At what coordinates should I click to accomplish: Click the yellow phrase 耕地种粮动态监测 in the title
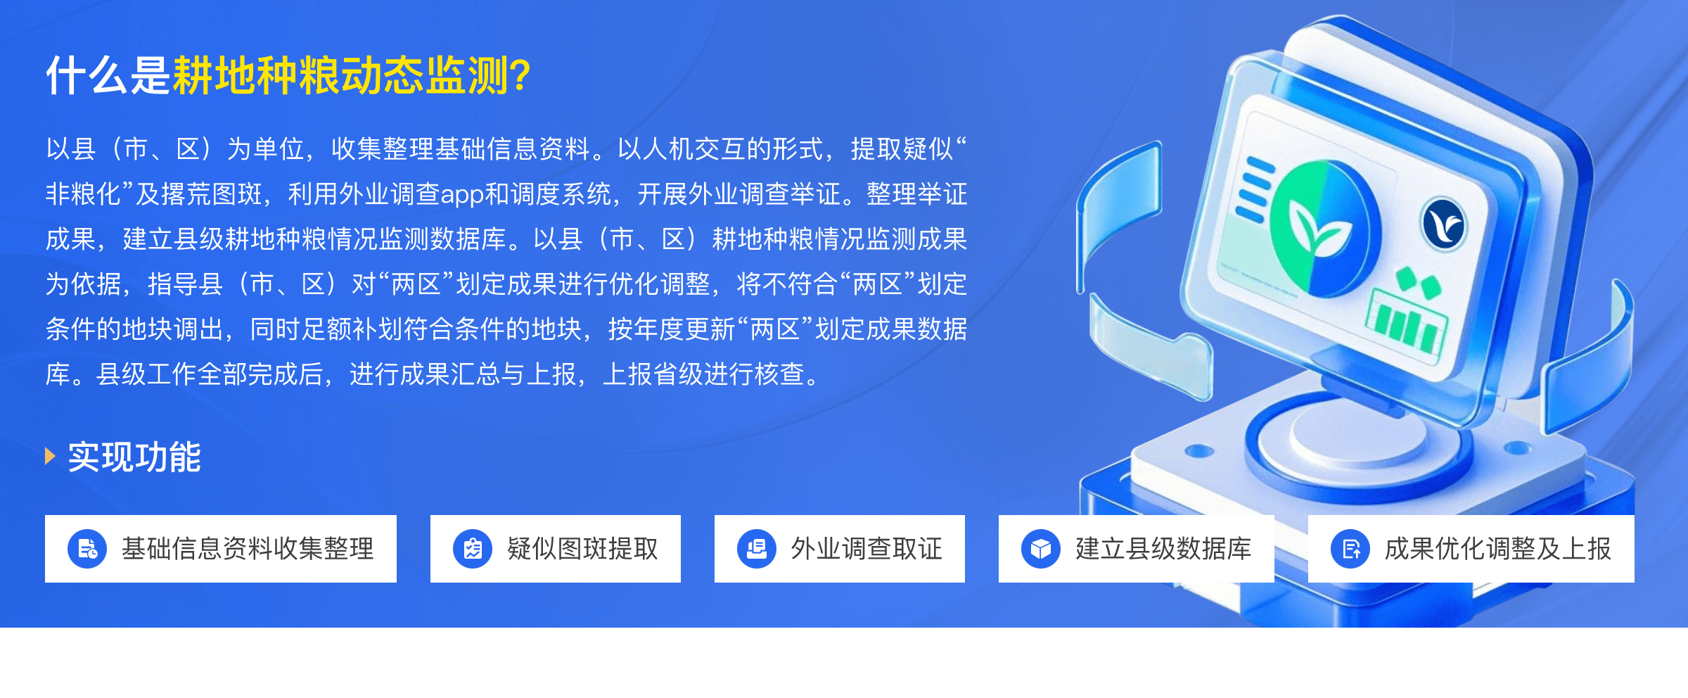click(340, 75)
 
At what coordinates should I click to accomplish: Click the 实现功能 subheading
click(134, 457)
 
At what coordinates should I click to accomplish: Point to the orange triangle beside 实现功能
click(50, 456)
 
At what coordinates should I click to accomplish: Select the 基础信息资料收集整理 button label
click(248, 549)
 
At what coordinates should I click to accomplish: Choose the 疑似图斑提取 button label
click(582, 549)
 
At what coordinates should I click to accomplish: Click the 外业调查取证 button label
click(867, 549)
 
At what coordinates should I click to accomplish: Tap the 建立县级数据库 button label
click(1163, 549)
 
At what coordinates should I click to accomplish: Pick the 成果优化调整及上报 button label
click(1498, 549)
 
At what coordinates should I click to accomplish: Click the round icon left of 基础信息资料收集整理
click(87, 549)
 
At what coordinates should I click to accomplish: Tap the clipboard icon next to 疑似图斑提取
click(473, 549)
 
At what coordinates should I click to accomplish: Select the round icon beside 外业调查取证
click(757, 549)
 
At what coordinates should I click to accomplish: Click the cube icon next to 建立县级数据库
click(1041, 549)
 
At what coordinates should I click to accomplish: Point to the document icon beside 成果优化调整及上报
click(1350, 549)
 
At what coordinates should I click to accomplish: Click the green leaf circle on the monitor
click(1322, 229)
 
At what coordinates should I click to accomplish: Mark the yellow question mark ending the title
click(521, 75)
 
